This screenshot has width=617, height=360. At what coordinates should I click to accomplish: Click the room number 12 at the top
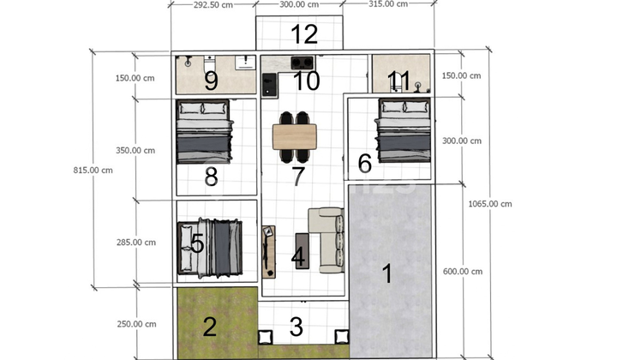click(x=304, y=34)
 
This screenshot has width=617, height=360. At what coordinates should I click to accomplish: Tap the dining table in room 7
click(x=294, y=136)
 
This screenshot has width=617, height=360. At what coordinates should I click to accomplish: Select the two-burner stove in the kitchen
click(x=303, y=63)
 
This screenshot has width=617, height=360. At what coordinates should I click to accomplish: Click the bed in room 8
click(x=204, y=131)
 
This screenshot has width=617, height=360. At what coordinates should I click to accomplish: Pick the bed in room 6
click(x=404, y=130)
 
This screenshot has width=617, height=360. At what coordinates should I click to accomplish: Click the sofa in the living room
click(x=326, y=240)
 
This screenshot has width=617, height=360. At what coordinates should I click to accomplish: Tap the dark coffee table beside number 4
click(x=303, y=251)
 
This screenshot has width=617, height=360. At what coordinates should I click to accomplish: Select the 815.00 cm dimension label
click(x=93, y=171)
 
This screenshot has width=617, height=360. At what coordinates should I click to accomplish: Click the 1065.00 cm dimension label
click(x=490, y=204)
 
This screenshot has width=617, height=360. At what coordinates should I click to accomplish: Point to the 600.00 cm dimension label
click(x=463, y=272)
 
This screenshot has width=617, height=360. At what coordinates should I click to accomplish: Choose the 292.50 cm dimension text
click(x=213, y=5)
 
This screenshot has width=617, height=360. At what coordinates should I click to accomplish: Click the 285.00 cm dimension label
click(x=135, y=243)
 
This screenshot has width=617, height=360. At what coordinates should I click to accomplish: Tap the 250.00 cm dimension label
click(x=136, y=324)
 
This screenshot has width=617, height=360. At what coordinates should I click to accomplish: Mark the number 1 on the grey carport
click(x=387, y=273)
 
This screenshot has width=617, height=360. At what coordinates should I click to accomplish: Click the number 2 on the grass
click(x=209, y=327)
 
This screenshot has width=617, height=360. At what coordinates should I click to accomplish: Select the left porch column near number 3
click(x=265, y=337)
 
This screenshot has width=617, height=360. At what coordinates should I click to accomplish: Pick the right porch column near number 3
click(x=342, y=337)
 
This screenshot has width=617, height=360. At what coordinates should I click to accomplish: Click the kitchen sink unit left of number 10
click(x=270, y=86)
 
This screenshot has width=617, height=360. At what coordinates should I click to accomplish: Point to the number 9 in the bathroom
click(x=212, y=81)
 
